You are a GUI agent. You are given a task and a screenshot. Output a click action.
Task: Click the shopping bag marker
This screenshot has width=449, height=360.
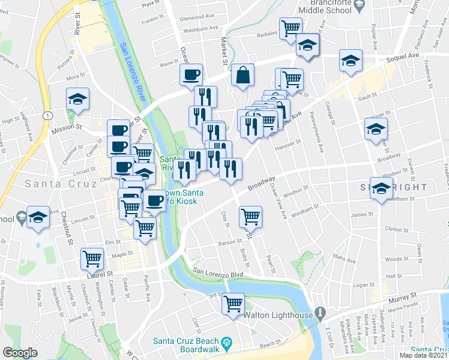pyautogui.click(x=243, y=76)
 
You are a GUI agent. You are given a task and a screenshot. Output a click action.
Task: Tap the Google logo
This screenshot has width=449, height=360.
pyautogui.click(x=20, y=353)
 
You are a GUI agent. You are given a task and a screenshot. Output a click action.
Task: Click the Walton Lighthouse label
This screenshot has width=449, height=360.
pyautogui.click(x=279, y=315)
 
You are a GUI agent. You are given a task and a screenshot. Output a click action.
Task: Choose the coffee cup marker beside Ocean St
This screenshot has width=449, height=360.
pyautogui.click(x=191, y=75)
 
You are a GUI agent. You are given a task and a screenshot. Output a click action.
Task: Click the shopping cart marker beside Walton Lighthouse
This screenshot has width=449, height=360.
pyautogui.click(x=233, y=303)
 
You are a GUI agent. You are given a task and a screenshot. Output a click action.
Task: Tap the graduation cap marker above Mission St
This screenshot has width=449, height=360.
pyautogui.click(x=77, y=98)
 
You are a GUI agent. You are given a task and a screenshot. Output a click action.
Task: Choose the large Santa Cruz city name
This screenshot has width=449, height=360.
pyautogui.click(x=48, y=182)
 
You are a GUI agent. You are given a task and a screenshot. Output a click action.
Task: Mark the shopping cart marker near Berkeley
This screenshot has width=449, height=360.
pyautogui.click(x=290, y=28)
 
